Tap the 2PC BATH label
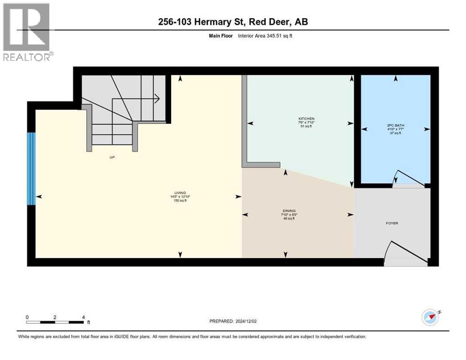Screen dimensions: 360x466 pos(396,125)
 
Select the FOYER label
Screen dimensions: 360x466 pos(392,223)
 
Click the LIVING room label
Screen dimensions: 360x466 pos(180,193)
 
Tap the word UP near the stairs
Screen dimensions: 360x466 pos(112,157)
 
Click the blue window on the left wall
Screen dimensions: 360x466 pos(31,169)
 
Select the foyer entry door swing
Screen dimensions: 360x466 pos(403,253)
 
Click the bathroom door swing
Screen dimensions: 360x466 pos(408,178)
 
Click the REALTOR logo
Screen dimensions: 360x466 pos(27,32)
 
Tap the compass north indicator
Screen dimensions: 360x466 pos(431,317)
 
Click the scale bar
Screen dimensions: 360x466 pos(55,322)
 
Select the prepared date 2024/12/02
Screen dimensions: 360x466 pos(233,321)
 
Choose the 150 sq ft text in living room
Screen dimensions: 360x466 pos(180,201)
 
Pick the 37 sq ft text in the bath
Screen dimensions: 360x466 pos(396,134)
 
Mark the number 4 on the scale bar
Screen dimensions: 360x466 pos(83,317)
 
